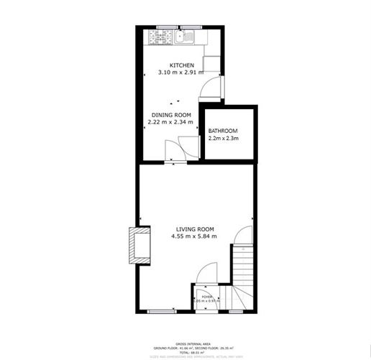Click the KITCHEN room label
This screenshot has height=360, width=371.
181,65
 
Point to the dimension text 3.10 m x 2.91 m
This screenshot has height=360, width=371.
181,73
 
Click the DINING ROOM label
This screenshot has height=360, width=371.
170,115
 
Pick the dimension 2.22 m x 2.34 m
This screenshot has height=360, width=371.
170,122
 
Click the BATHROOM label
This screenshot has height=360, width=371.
223,131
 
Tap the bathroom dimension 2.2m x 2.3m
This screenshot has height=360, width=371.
223,138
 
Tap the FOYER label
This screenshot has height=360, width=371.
206,296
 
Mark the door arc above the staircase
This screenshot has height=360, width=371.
244,236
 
